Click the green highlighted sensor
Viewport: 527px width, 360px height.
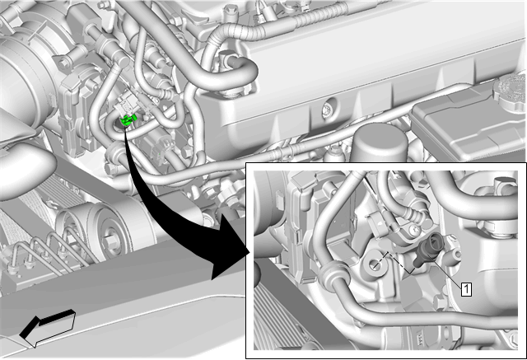(x=127, y=120)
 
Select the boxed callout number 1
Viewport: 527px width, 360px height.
(x=467, y=289)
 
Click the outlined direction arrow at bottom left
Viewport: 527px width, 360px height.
(x=48, y=328)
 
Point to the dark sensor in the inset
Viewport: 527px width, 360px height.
(x=428, y=250)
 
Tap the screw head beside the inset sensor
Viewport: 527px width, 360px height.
(x=415, y=230)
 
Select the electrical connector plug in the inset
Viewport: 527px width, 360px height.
(x=377, y=222)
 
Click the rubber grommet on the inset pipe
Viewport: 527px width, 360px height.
(x=330, y=273)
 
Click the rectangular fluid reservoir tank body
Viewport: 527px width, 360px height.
(x=467, y=124)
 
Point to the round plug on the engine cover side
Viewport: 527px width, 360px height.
(x=328, y=109)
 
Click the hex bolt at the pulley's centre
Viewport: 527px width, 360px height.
(x=110, y=241)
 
